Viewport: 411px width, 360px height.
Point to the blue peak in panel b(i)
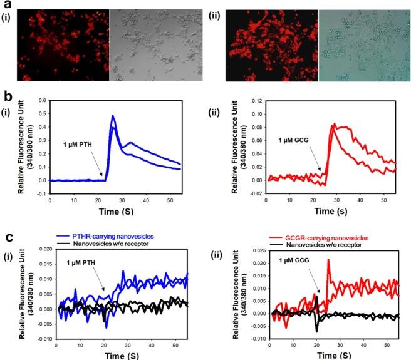pos(112,116)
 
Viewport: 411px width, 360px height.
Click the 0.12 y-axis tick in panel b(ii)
pos(254,100)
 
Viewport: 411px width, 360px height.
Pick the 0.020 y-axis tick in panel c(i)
pos(41,249)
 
